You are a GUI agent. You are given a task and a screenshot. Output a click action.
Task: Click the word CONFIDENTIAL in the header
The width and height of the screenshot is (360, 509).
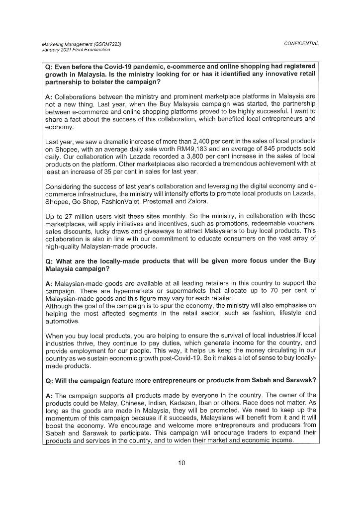pos(301,44)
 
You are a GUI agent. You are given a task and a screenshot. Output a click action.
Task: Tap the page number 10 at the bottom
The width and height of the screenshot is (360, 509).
pos(181,463)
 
